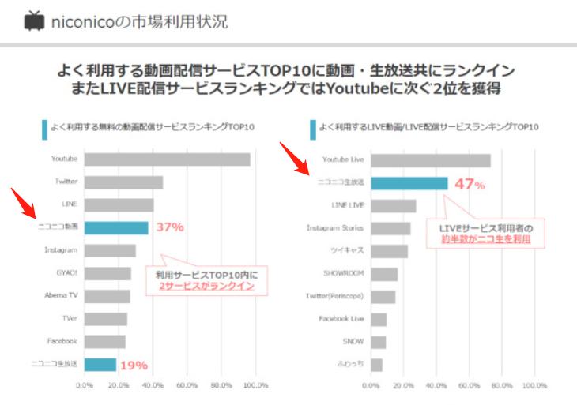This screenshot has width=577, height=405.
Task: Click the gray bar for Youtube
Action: coord(167,159)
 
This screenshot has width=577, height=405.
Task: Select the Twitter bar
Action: coord(123,182)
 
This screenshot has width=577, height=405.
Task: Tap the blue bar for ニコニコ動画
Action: coord(116,227)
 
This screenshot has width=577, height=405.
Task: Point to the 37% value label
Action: coord(170,227)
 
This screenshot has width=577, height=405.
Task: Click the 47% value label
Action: coord(469,184)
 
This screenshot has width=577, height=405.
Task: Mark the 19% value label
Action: coord(134,365)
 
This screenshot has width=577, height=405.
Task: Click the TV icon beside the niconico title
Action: coord(34,21)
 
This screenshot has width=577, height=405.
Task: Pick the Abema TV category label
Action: coord(60,296)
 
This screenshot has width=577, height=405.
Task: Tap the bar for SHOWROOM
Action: coord(384,274)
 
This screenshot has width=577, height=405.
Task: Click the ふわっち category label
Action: coord(350,365)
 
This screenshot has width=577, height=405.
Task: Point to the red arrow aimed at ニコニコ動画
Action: coord(25,203)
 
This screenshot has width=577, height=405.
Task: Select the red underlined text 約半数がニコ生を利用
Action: coord(485,239)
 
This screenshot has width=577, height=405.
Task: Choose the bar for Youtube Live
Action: coord(430,159)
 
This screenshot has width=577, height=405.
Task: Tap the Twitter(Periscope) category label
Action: coord(335,296)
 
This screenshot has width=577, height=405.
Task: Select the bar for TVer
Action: coord(105,319)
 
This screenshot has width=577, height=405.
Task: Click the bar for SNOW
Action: coord(378,342)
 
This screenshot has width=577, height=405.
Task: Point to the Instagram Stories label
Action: coord(335,228)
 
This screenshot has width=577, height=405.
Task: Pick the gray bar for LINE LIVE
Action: coord(393,205)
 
